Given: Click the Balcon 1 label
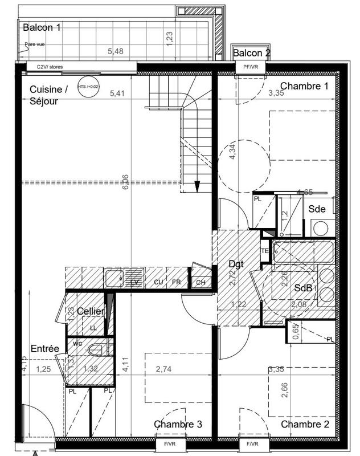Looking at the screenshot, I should pyautogui.click(x=42, y=27).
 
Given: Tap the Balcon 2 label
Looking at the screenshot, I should pyautogui.click(x=251, y=53).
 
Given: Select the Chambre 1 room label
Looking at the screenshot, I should pyautogui.click(x=305, y=87).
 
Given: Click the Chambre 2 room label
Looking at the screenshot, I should pyautogui.click(x=305, y=424).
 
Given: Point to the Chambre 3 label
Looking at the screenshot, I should pyautogui.click(x=178, y=424).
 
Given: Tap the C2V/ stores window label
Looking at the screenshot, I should pyautogui.click(x=50, y=67).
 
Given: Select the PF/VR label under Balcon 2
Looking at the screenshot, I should pyautogui.click(x=251, y=67).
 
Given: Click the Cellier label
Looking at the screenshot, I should pyautogui.click(x=90, y=312).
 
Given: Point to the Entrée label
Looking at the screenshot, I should pyautogui.click(x=45, y=349).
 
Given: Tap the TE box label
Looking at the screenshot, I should pyautogui.click(x=265, y=251).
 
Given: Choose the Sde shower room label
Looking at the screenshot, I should pyautogui.click(x=317, y=209).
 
